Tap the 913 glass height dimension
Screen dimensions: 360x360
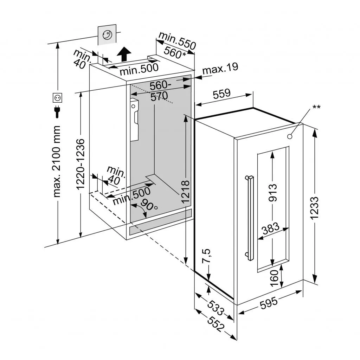click(x=273, y=193)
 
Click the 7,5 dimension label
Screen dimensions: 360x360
click(x=207, y=256)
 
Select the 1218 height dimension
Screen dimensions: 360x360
click(x=185, y=192)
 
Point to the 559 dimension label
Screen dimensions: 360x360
click(x=222, y=94)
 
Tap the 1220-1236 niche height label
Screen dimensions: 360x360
click(x=81, y=164)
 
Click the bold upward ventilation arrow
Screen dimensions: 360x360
click(x=124, y=54)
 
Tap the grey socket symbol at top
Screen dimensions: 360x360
click(x=107, y=35)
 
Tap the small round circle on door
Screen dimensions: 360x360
click(x=289, y=136)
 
